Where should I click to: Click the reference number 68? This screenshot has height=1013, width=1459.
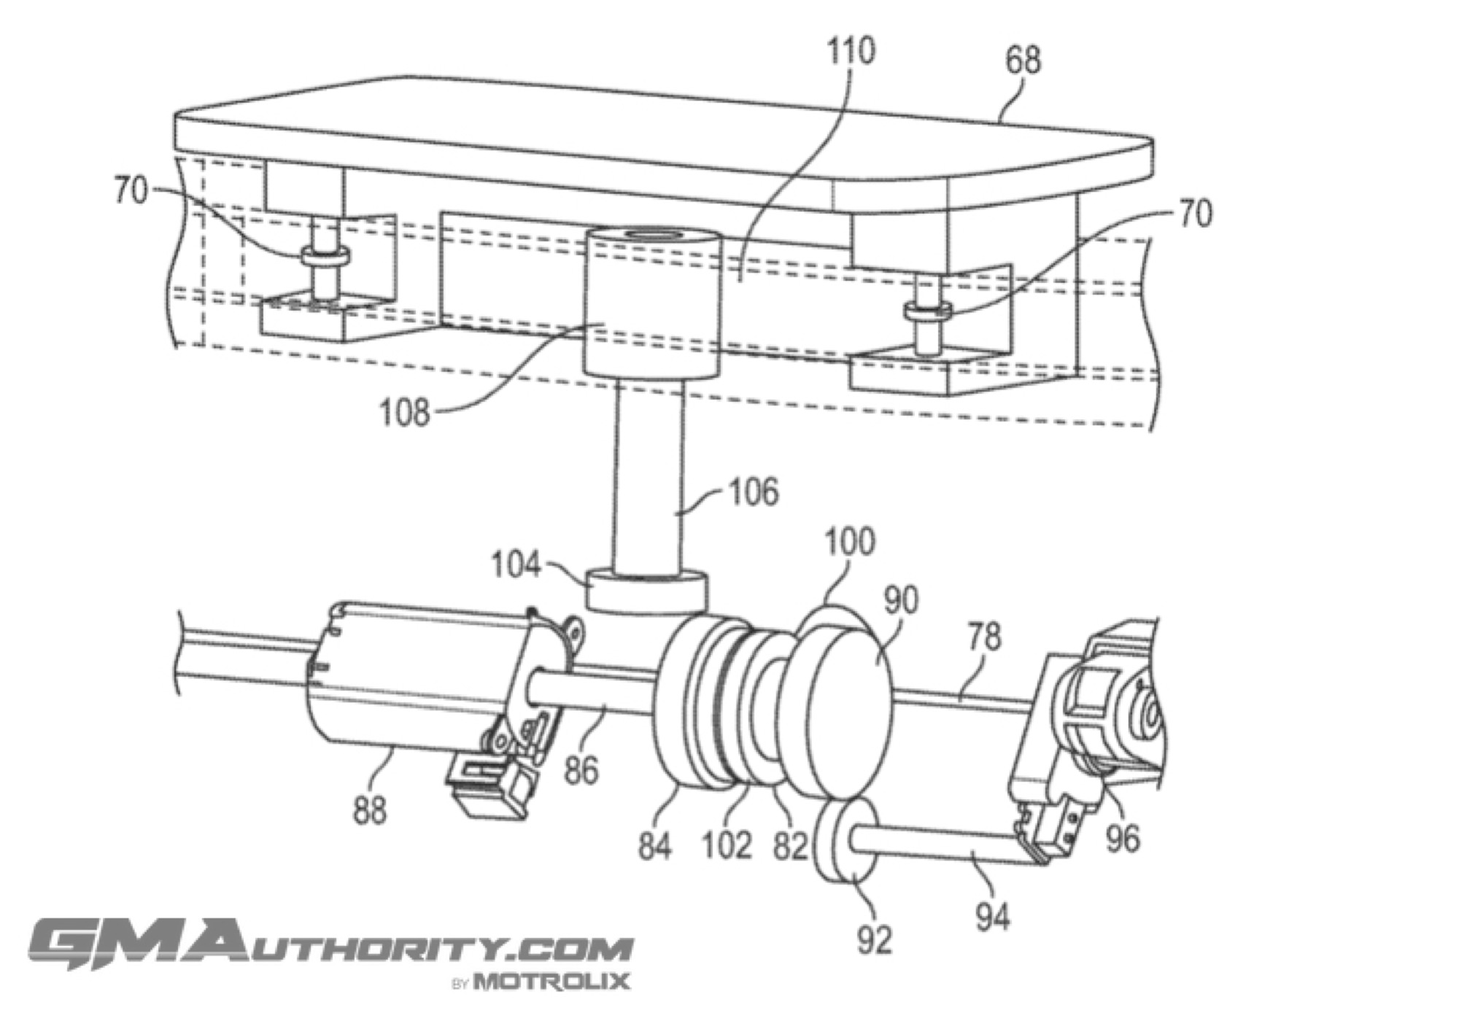[x=1023, y=60]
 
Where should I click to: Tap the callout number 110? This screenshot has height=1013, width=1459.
[x=851, y=51]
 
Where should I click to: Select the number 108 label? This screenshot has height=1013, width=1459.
[x=405, y=414]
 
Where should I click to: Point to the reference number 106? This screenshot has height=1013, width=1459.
[x=754, y=492]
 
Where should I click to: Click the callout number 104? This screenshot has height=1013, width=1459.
[x=516, y=565]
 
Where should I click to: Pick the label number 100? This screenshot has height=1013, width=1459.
[x=850, y=543]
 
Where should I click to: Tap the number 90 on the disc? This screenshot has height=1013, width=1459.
[x=901, y=600]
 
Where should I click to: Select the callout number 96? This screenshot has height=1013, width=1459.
[x=1122, y=839]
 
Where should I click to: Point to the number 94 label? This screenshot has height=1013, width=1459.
[x=993, y=917]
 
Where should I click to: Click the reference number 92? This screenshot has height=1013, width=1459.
[x=874, y=941]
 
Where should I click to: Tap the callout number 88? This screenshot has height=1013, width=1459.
[x=369, y=811]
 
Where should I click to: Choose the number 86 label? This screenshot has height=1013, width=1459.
[x=581, y=770]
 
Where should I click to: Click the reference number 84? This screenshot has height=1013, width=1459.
[x=654, y=846]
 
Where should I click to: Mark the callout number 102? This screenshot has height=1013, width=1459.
[x=727, y=846]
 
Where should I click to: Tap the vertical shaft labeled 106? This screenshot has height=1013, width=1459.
[x=649, y=478]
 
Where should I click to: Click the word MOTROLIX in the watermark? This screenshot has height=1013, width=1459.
[x=552, y=981]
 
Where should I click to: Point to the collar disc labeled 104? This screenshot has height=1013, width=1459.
[x=646, y=591]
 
